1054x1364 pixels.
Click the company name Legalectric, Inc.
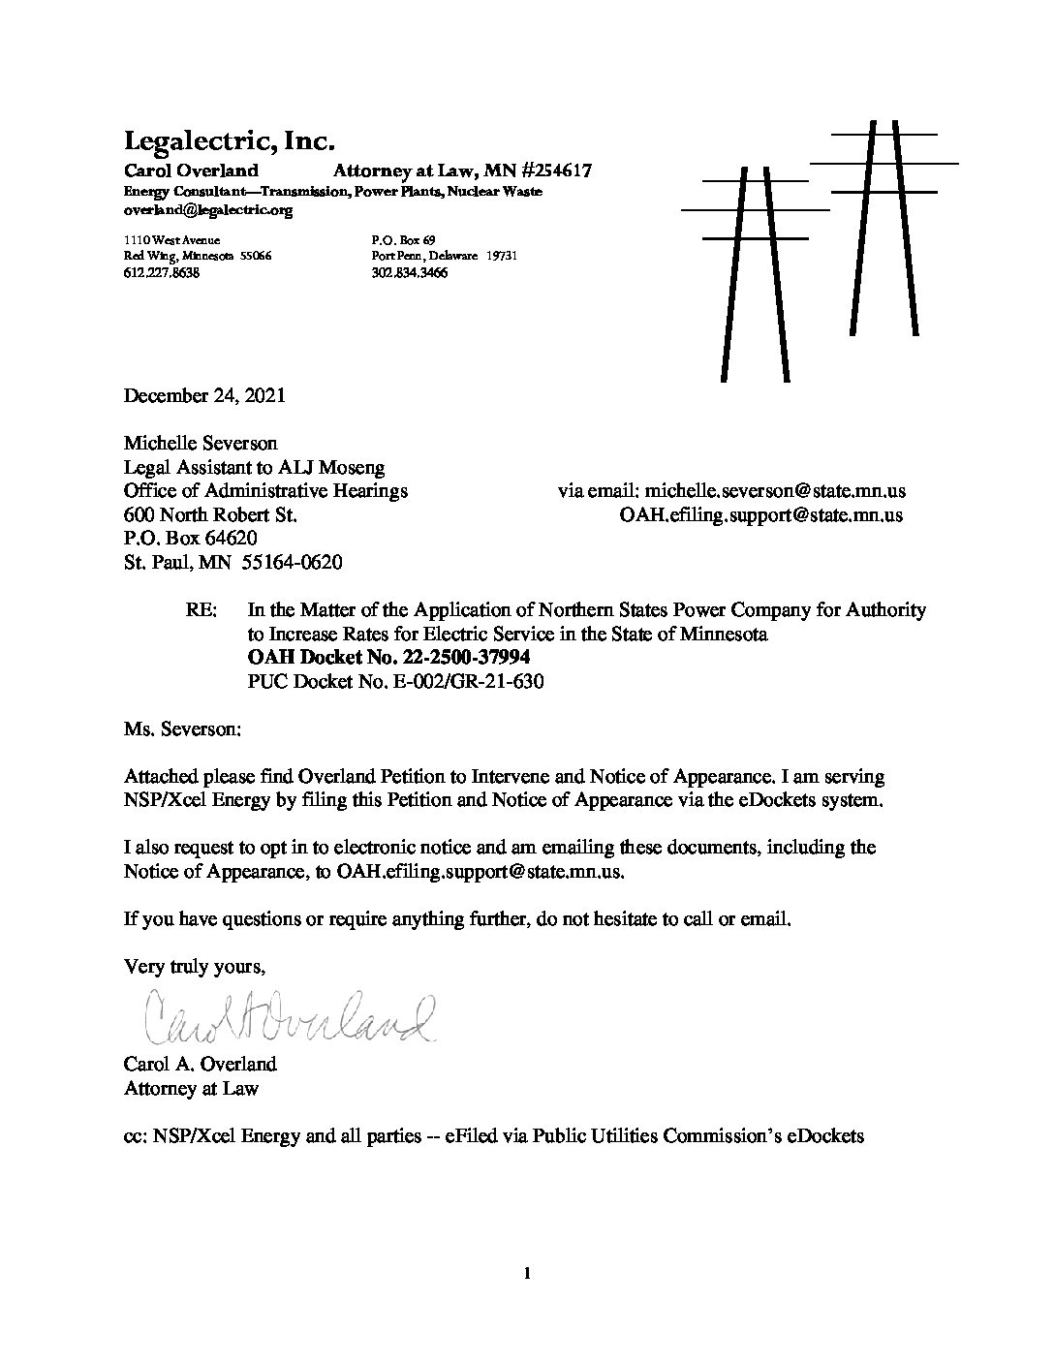pyautogui.click(x=230, y=141)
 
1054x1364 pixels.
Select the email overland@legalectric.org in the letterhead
pyautogui.click(x=207, y=210)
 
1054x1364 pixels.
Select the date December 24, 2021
pyautogui.click(x=204, y=395)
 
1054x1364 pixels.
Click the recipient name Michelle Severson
pyautogui.click(x=201, y=444)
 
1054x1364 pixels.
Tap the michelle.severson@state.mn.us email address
pyautogui.click(x=775, y=491)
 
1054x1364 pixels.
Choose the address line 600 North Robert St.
pyautogui.click(x=210, y=515)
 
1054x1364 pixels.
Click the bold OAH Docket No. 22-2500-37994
pyautogui.click(x=389, y=658)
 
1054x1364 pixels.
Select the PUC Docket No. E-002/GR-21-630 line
pyautogui.click(x=396, y=681)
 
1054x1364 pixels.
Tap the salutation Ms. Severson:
pyautogui.click(x=180, y=728)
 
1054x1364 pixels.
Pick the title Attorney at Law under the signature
pyautogui.click(x=191, y=1088)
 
